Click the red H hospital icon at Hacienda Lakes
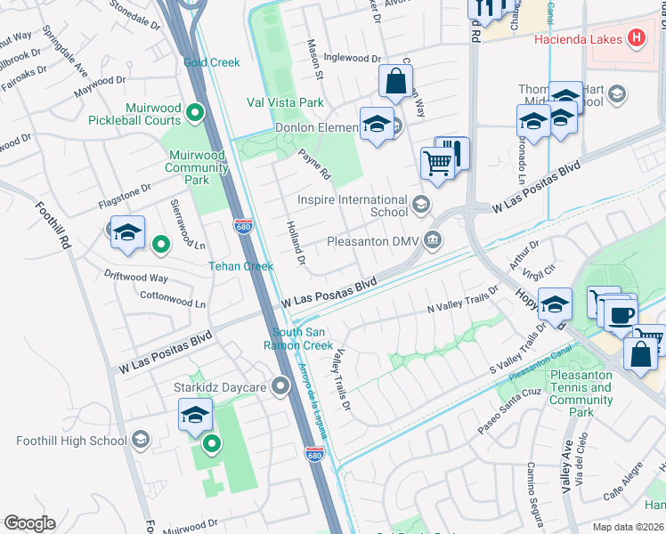[636, 38]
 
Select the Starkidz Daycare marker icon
[281, 385]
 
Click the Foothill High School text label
[71, 441]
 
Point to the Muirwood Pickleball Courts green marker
[199, 112]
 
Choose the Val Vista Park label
[285, 103]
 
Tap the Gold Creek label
[212, 62]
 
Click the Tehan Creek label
[240, 266]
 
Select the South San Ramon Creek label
[303, 339]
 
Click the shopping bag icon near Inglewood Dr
[394, 81]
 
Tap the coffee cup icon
[622, 314]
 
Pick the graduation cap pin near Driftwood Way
[127, 233]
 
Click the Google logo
[29, 523]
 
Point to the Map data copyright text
[628, 527]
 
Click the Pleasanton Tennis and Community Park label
[581, 393]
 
